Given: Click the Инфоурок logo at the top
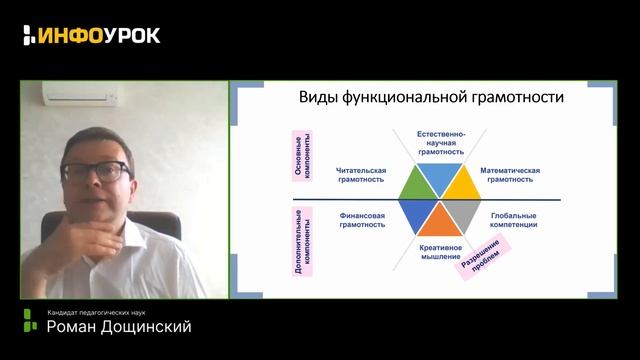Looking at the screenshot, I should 91,35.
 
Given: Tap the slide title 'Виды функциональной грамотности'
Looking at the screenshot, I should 432,98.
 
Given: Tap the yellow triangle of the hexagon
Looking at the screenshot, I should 457,183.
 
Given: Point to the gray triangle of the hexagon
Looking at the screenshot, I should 458,213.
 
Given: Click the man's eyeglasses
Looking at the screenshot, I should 97,171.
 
